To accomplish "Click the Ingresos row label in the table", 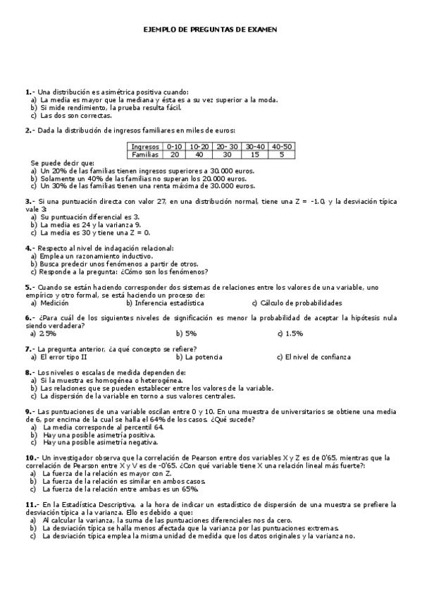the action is click(144, 147).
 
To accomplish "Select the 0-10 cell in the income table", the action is click(173, 147).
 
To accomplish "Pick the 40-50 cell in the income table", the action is click(282, 147).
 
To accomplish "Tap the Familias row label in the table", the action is click(145, 154).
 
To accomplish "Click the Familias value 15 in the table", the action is click(254, 154).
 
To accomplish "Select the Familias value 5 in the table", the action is click(282, 154).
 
